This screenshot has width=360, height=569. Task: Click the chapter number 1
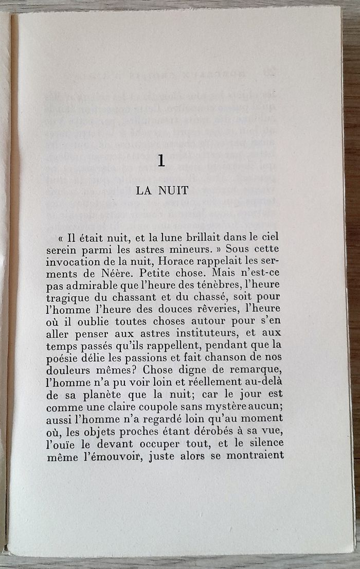(x=161, y=162)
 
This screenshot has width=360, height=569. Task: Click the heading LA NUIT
(x=163, y=190)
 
